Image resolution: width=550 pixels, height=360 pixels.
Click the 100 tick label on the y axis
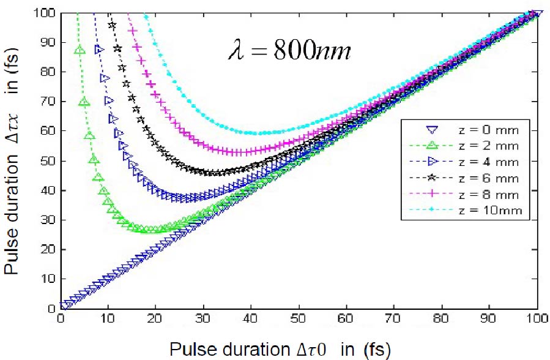pyautogui.click(x=47, y=12)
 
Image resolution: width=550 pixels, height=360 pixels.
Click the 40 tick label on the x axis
pyautogui.click(x=251, y=320)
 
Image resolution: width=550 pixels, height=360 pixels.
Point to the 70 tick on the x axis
pyautogui.click(x=395, y=320)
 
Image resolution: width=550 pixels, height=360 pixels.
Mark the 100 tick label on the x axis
pyautogui.click(x=537, y=320)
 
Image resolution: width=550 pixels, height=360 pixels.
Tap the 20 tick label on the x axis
pyautogui.click(x=156, y=320)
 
